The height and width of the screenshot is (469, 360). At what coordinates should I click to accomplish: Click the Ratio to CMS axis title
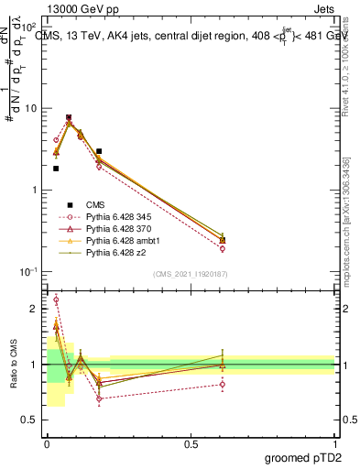click(x=13, y=365)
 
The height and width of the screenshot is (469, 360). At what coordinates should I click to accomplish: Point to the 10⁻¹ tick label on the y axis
click(x=28, y=272)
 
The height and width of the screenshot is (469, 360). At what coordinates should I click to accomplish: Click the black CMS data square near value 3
click(x=99, y=151)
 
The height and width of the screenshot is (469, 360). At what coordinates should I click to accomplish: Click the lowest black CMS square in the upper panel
click(x=56, y=169)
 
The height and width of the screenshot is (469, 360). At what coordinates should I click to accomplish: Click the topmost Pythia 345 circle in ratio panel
click(x=56, y=300)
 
